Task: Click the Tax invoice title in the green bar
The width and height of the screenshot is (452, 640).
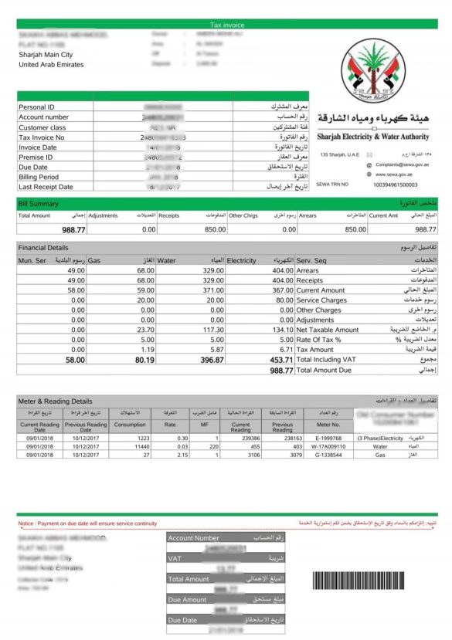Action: pyautogui.click(x=226, y=25)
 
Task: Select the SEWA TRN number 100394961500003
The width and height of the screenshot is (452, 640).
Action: pyautogui.click(x=395, y=185)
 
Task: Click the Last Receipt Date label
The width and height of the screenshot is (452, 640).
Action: pyautogui.click(x=46, y=186)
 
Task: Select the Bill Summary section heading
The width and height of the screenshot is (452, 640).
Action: pyautogui.click(x=37, y=203)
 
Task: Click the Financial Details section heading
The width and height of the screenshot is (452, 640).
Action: pyautogui.click(x=43, y=248)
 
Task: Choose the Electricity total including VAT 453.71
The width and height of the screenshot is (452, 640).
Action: pyautogui.click(x=278, y=360)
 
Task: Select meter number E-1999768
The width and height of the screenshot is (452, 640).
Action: pyautogui.click(x=328, y=438)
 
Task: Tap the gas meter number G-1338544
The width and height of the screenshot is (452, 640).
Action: pyautogui.click(x=328, y=455)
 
